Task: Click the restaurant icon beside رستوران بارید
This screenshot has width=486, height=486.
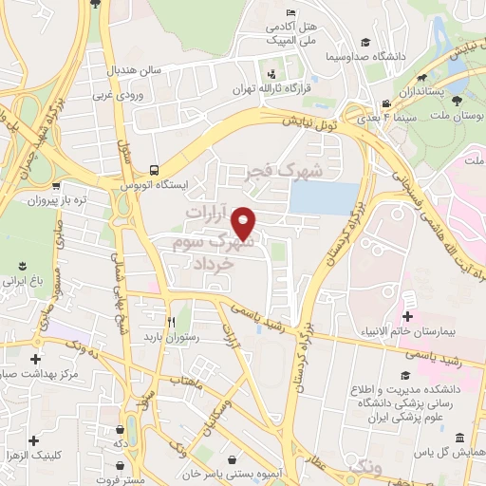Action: (x=171, y=321)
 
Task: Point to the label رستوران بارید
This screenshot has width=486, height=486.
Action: (x=168, y=336)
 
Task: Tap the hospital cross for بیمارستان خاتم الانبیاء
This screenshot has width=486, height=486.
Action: (x=408, y=316)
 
